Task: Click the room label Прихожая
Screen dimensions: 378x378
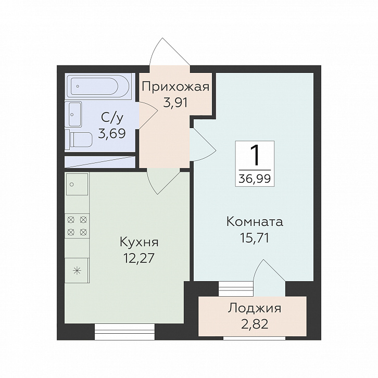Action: click(x=175, y=87)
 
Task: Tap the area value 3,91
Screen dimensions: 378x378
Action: click(x=175, y=103)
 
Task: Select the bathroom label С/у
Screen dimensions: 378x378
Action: click(x=112, y=118)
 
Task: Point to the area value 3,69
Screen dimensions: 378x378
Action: click(x=111, y=133)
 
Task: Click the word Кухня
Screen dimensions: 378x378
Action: click(x=139, y=242)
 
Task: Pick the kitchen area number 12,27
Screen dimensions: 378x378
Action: click(x=138, y=258)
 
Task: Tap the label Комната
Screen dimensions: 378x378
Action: click(x=255, y=222)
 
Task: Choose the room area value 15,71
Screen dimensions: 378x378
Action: click(x=254, y=238)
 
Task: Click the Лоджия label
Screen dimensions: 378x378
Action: click(x=255, y=308)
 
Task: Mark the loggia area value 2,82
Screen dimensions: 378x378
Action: click(x=255, y=324)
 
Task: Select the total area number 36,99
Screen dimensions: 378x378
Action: click(x=255, y=179)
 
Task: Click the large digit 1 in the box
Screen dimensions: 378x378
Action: click(x=255, y=155)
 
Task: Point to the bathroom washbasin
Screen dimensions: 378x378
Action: click(x=74, y=114)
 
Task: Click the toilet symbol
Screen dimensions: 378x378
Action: click(x=79, y=140)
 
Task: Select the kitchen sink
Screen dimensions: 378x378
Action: click(x=77, y=184)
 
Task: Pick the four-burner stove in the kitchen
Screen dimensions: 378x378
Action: click(x=77, y=226)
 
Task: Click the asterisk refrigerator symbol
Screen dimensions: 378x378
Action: click(x=77, y=270)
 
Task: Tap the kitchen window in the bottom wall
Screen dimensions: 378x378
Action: click(x=124, y=332)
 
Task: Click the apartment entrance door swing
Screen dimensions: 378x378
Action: click(x=170, y=52)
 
